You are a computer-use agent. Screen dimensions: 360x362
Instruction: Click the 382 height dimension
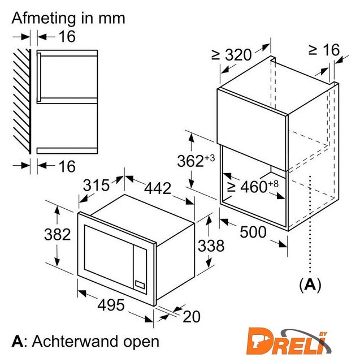57,234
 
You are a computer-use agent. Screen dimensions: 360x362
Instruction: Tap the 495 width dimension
111,305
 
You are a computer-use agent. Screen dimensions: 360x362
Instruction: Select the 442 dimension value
158,188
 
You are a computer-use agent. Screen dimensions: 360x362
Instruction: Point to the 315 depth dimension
96,185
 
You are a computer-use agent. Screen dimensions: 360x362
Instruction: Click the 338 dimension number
211,245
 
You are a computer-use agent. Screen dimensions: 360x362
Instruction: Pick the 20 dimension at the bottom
192,317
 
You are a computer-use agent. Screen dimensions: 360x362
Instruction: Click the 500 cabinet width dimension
253,232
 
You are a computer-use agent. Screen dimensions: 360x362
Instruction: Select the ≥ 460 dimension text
253,186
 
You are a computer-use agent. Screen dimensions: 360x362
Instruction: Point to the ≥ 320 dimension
231,55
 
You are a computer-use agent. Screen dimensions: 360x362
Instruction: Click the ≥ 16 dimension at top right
324,50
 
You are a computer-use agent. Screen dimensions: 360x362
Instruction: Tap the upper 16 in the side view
67,36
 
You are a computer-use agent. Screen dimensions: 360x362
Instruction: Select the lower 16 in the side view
67,166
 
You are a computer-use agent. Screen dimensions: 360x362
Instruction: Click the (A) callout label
310,285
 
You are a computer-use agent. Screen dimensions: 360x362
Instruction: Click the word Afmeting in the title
44,18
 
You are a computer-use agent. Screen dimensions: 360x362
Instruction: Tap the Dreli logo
289,342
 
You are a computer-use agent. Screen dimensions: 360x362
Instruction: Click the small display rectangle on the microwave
140,285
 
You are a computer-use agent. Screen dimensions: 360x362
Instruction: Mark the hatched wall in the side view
22,101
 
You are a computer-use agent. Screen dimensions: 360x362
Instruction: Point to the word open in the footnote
141,342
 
